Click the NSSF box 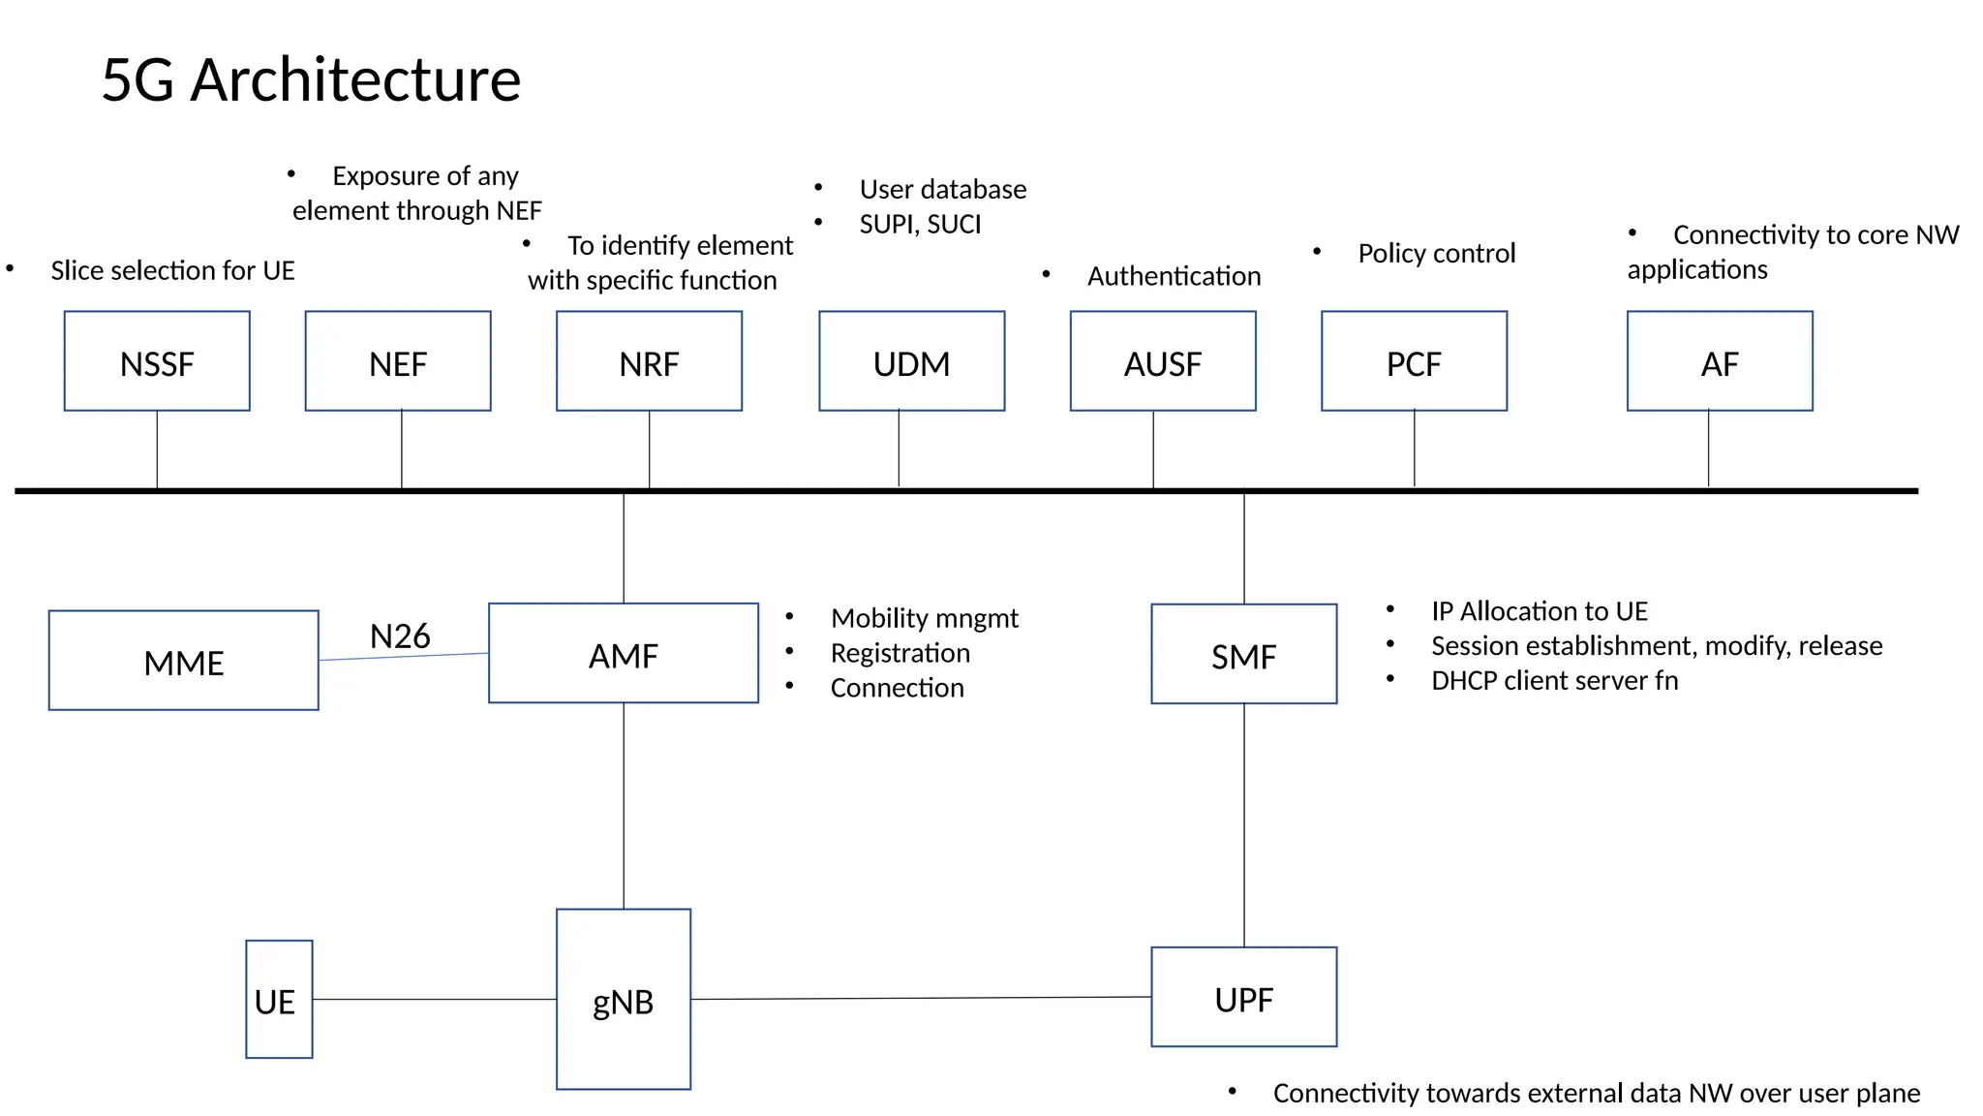[x=157, y=361]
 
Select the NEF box [x=398, y=361]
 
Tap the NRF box [x=649, y=361]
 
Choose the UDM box [x=911, y=361]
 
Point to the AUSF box [x=1162, y=361]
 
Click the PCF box [x=1414, y=361]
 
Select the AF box [x=1720, y=361]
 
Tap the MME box [x=184, y=661]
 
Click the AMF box [x=624, y=654]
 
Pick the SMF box [x=1244, y=655]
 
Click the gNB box [x=624, y=1000]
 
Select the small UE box [x=279, y=1000]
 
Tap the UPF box [x=1244, y=998]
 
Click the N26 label [x=400, y=636]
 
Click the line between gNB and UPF [x=920, y=998]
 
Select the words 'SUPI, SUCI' [x=920, y=225]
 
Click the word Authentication [x=1174, y=277]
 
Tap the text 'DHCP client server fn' [x=1554, y=681]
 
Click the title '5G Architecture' [x=311, y=79]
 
